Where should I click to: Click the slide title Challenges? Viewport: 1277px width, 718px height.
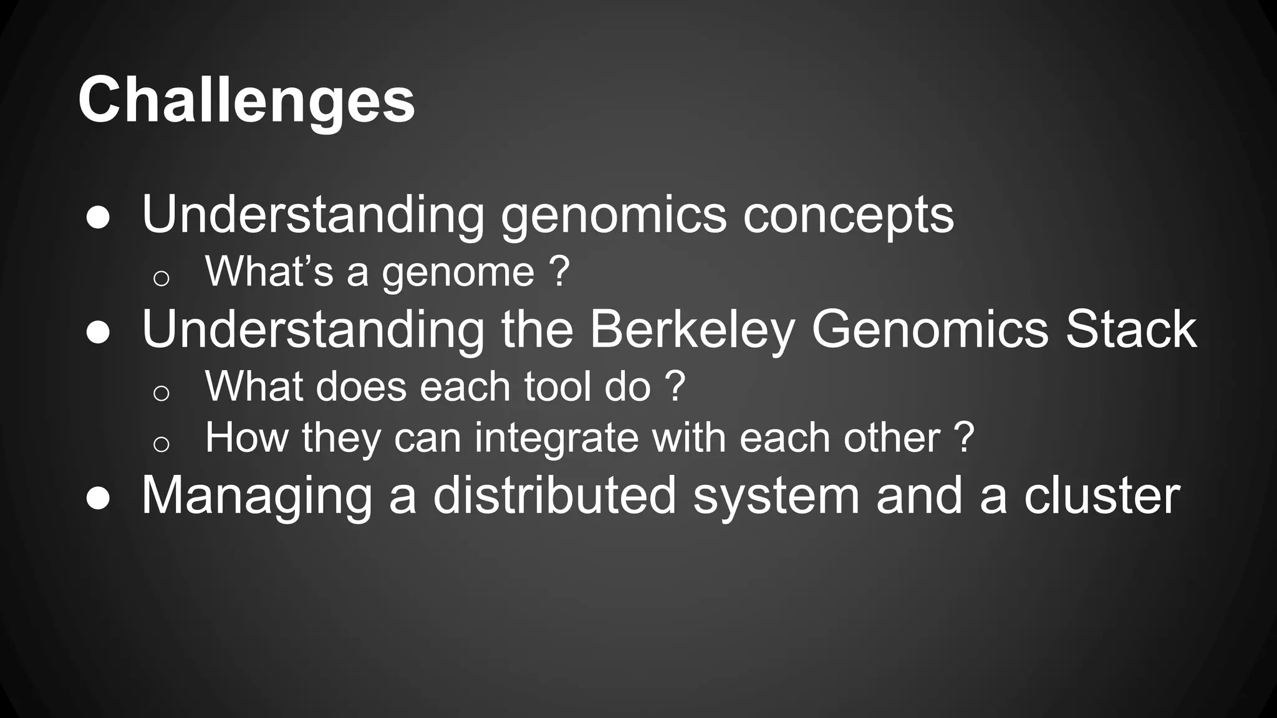pyautogui.click(x=246, y=100)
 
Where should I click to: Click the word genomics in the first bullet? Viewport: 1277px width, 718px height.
pyautogui.click(x=614, y=216)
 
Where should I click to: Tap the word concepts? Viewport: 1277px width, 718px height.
pyautogui.click(x=848, y=216)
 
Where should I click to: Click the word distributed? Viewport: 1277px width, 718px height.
pyautogui.click(x=554, y=496)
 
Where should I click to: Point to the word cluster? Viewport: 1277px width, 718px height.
pyautogui.click(x=1102, y=496)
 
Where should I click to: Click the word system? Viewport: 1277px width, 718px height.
pyautogui.click(x=776, y=497)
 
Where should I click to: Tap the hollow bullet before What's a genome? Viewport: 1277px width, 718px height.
pyautogui.click(x=161, y=278)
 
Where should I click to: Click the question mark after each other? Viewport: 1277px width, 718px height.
pyautogui.click(x=964, y=438)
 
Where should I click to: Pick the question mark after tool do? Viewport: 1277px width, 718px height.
pyautogui.click(x=676, y=386)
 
